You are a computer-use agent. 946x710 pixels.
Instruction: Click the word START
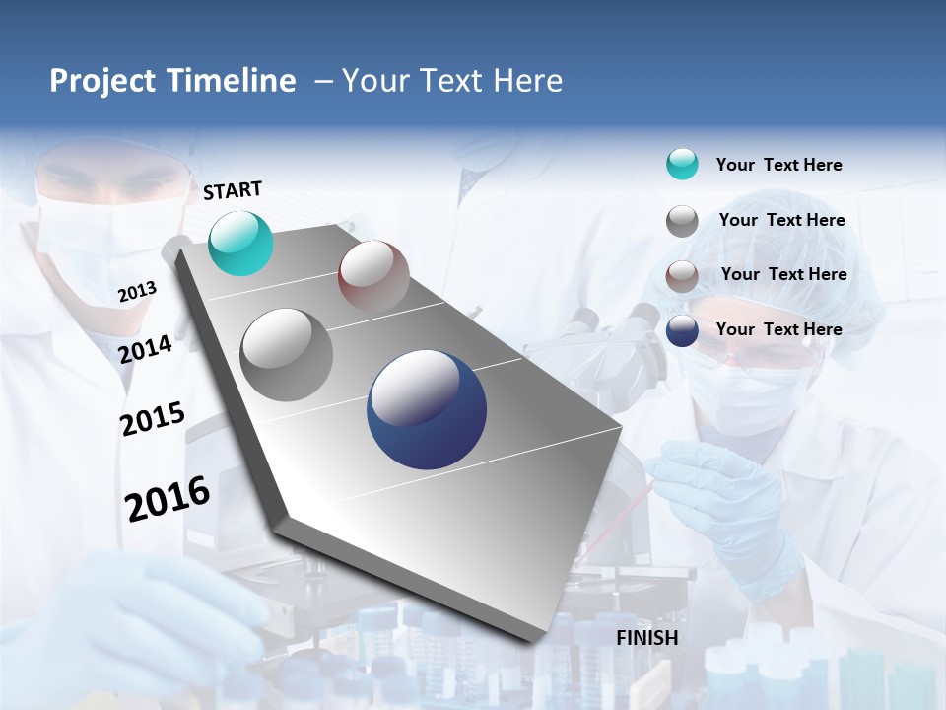(233, 190)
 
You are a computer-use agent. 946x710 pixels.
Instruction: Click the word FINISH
(647, 638)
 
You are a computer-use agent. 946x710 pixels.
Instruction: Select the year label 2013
(138, 292)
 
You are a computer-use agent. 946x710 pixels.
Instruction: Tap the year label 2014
(146, 349)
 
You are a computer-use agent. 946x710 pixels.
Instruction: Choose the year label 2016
(168, 499)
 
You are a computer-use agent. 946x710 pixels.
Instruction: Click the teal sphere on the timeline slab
(240, 243)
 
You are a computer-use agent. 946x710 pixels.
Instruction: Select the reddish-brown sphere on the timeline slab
(373, 276)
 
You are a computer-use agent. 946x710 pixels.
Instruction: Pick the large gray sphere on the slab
(287, 354)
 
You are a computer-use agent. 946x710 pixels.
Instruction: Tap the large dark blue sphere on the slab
(427, 409)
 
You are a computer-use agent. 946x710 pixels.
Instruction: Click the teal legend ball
(682, 164)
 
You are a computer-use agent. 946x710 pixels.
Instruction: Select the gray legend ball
(682, 221)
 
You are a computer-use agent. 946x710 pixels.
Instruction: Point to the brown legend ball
(682, 275)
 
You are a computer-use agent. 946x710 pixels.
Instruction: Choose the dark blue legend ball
(682, 330)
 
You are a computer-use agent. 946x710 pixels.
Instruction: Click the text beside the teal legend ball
(778, 165)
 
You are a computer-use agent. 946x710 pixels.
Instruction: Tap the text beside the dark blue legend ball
(778, 329)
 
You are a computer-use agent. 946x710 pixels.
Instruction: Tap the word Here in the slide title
(527, 81)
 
